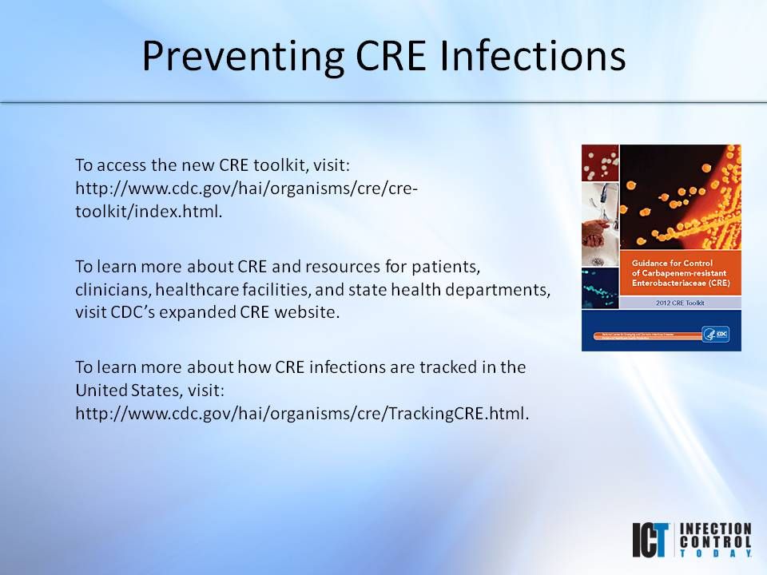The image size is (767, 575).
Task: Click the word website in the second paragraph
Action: click(308, 312)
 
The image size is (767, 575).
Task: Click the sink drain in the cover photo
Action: click(596, 260)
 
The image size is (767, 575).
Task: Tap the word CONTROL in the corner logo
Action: click(715, 541)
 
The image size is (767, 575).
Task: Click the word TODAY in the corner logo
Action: click(715, 553)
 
